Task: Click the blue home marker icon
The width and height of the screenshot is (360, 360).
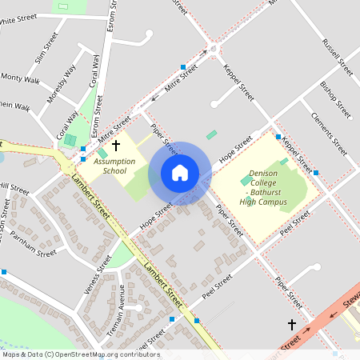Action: [180, 173]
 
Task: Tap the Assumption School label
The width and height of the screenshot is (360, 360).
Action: [110, 166]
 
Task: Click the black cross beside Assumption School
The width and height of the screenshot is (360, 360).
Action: [116, 146]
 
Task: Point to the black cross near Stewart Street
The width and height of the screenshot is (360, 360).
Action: [292, 324]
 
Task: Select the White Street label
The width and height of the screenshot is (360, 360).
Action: [22, 20]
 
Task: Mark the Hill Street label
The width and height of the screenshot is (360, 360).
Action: [14, 190]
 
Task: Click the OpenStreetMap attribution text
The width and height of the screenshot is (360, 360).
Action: [80, 354]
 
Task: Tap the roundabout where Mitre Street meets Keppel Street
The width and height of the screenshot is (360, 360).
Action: [214, 52]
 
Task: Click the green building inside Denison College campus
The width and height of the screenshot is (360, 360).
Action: [246, 181]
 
